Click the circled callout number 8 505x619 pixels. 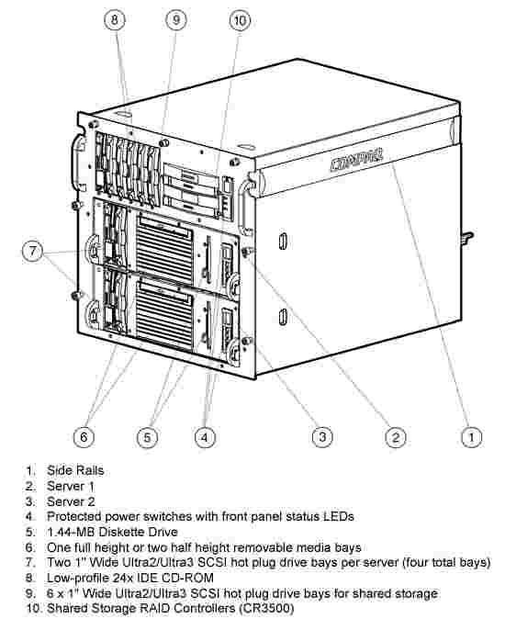(x=115, y=19)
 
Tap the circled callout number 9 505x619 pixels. (x=176, y=19)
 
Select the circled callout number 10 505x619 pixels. (x=240, y=19)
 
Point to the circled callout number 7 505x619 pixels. (x=32, y=251)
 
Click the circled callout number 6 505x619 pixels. (x=84, y=437)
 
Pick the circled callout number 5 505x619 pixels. (x=147, y=437)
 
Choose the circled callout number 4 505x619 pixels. (x=205, y=437)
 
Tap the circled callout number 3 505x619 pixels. (x=322, y=436)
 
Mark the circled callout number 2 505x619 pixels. (x=396, y=437)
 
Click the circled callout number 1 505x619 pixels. (x=471, y=437)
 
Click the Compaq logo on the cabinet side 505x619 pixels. (x=356, y=159)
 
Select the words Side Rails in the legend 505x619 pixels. (x=75, y=470)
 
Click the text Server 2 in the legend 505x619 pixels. (x=71, y=501)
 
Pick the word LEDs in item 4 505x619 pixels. (x=339, y=516)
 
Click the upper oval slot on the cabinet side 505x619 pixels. (x=283, y=242)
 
